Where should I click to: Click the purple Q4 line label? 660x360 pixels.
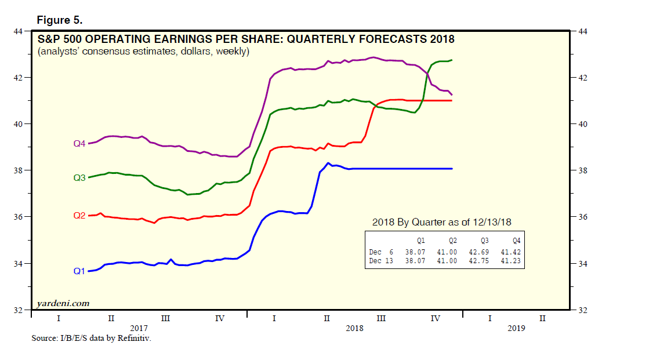point(79,143)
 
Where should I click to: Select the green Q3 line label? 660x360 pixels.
point(79,178)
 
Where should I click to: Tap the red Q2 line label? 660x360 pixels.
point(79,216)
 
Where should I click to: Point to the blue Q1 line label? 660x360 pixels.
point(79,271)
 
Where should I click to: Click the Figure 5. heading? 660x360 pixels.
point(59,20)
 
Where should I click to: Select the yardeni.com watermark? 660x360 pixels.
point(63,303)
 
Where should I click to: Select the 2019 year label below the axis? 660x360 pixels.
point(516,328)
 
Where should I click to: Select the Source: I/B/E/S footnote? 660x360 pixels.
point(91,338)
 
